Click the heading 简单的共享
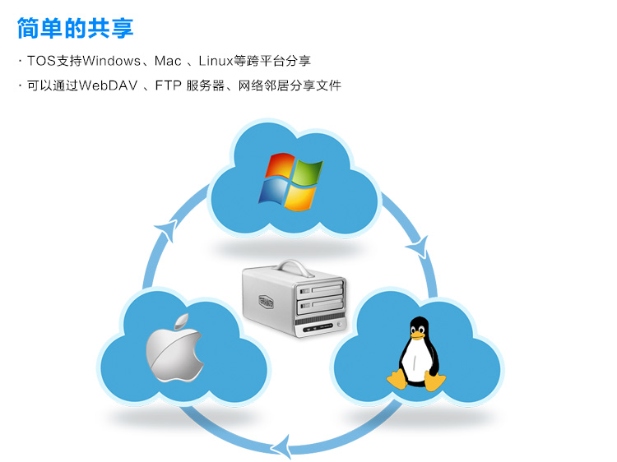pos(75,28)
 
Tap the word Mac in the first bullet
pos(167,61)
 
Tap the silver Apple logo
pos(174,351)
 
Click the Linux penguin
pos(417,354)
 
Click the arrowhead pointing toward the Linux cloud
pos(420,244)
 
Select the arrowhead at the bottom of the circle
pos(281,446)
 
